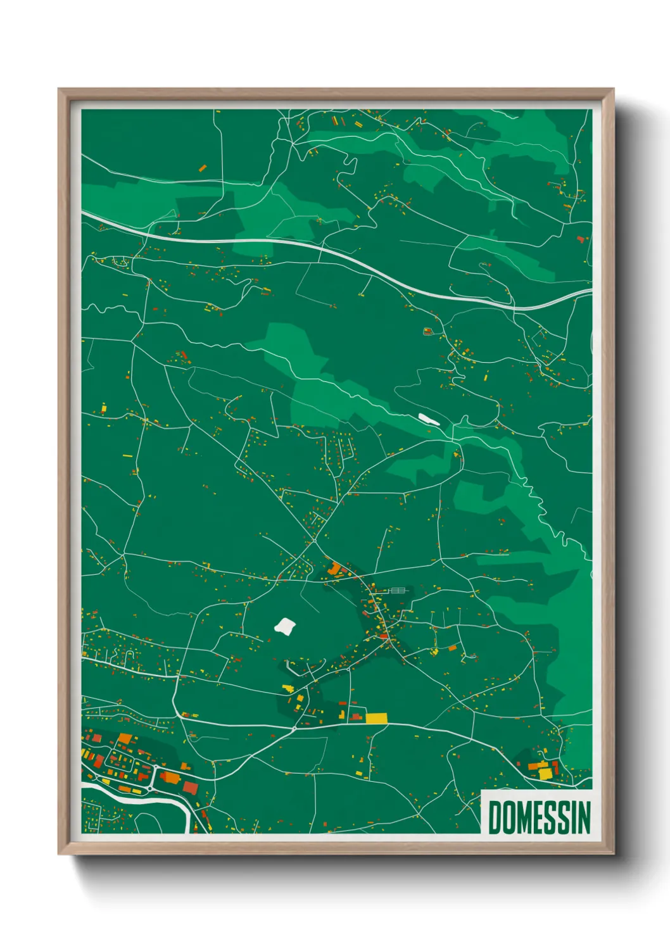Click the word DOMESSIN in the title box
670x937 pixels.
click(539, 817)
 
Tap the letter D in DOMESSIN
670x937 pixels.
click(494, 817)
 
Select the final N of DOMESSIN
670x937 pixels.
click(584, 817)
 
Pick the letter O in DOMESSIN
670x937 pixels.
click(508, 817)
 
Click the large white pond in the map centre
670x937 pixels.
click(285, 626)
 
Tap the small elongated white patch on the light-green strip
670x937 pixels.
click(428, 418)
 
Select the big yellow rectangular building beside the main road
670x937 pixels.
click(376, 718)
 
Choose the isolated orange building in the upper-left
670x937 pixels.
click(203, 168)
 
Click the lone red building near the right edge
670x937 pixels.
click(580, 239)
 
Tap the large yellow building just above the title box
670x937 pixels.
click(545, 774)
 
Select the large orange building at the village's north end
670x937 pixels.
click(334, 569)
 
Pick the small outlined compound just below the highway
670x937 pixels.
click(427, 330)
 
